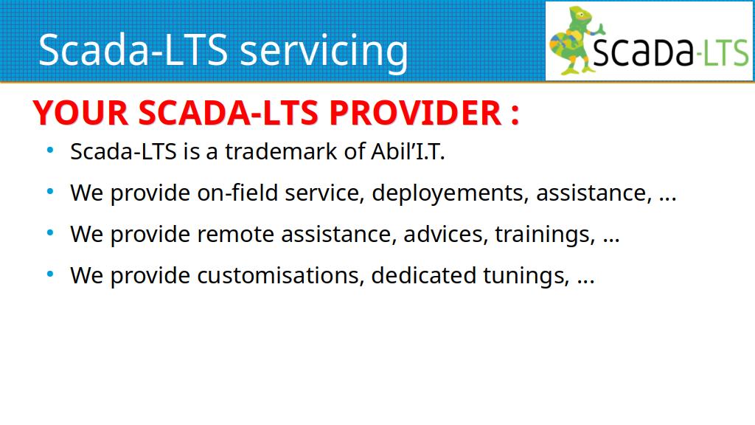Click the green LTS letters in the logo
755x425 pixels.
[x=726, y=53]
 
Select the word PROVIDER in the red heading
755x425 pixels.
[x=416, y=113]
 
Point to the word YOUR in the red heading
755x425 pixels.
[x=80, y=113]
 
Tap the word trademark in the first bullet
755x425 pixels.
[x=281, y=151]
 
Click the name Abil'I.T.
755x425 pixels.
[x=408, y=151]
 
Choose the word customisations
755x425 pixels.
[x=280, y=276]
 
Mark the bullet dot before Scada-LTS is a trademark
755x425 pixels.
[x=50, y=151]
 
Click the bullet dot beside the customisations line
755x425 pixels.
[x=50, y=274]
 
